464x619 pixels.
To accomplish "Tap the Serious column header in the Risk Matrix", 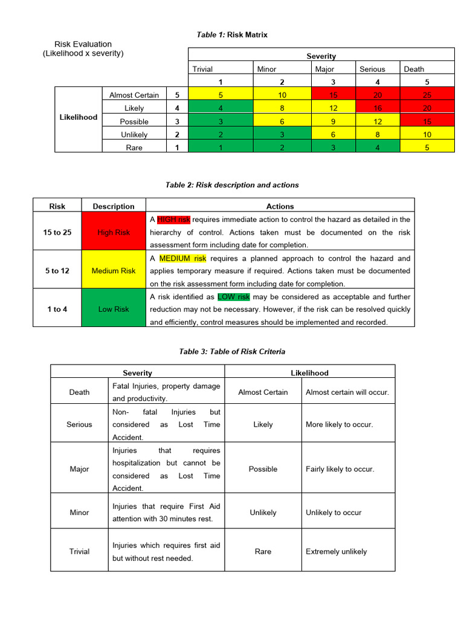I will point(372,69).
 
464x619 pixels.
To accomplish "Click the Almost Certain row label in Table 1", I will point(134,95).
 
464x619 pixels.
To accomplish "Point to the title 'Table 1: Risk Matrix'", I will point(232,35).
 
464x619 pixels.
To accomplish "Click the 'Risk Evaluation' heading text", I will point(83,44).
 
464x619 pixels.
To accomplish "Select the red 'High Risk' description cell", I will point(114,232).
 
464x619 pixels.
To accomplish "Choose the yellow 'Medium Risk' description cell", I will point(114,271).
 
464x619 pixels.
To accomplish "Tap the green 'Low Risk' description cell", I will point(114,309).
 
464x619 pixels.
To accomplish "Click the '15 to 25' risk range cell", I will point(57,232).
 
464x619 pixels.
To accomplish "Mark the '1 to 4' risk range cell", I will point(57,309).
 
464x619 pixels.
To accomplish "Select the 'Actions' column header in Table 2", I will point(280,206).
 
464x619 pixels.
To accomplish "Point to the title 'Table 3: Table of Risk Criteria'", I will point(232,351).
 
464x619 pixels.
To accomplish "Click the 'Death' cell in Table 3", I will point(79,392).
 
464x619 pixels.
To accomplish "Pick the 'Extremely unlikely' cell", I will point(337,551).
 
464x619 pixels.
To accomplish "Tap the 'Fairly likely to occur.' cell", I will point(340,469).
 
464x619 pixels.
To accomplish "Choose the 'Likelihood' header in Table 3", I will point(309,373).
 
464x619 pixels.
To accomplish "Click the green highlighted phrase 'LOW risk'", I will point(234,297).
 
